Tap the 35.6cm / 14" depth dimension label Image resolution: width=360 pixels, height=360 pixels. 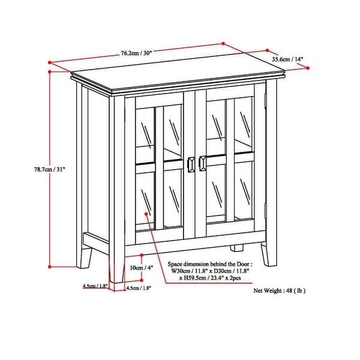pos(287,59)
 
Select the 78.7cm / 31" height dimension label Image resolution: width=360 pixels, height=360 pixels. pos(29,169)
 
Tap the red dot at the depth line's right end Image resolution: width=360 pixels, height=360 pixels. pos(308,68)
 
